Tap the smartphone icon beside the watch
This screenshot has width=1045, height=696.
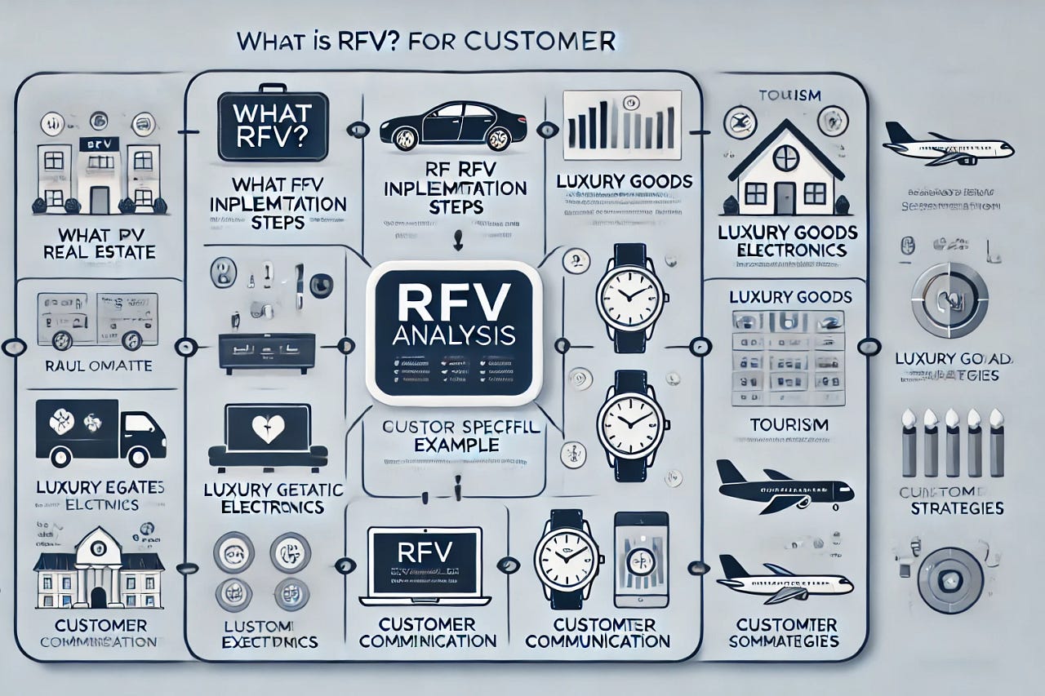(641, 558)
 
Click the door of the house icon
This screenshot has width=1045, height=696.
(785, 197)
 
